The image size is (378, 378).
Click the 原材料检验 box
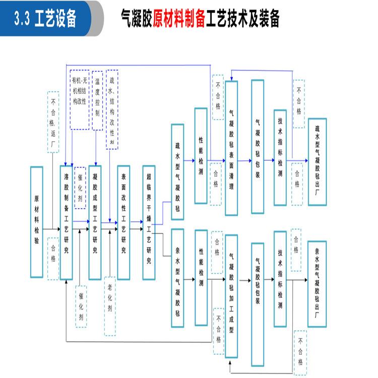click(x=36, y=222)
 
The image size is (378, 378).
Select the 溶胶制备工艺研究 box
click(x=67, y=222)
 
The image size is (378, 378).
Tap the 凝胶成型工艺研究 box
click(x=95, y=222)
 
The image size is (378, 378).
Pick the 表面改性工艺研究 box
click(x=123, y=222)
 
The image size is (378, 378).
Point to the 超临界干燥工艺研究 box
click(x=149, y=222)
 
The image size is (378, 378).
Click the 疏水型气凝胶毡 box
click(x=177, y=172)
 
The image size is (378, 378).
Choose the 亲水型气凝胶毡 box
click(x=177, y=278)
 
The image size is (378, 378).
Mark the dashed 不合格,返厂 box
click(x=53, y=123)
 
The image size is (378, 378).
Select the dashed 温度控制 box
click(x=97, y=100)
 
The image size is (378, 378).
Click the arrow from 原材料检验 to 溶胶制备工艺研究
click(x=51, y=230)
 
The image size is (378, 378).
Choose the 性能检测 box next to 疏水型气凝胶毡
click(x=201, y=156)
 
